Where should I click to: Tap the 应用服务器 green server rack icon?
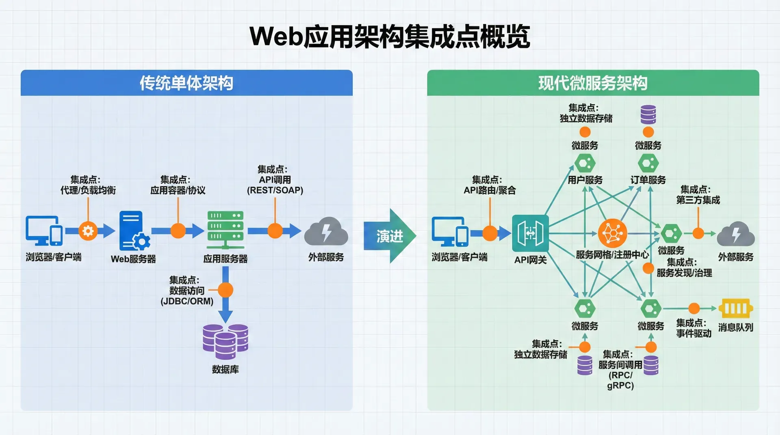tap(225, 230)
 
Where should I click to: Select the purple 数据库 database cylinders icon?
tap(225, 342)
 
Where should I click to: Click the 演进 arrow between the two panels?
tap(389, 236)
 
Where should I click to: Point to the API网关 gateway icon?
tap(530, 233)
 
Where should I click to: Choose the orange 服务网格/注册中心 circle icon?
tap(612, 233)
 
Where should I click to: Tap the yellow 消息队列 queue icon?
tap(735, 308)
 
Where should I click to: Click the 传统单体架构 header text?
tap(186, 83)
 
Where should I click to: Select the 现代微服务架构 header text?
tap(593, 83)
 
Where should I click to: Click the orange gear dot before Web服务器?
tap(88, 231)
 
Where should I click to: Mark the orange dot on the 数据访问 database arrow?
tap(225, 290)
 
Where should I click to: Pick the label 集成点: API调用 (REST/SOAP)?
tap(275, 180)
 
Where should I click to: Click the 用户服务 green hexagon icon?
tap(585, 164)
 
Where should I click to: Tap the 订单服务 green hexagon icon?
tap(648, 164)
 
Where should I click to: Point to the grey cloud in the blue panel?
tap(326, 232)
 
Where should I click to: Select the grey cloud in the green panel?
tap(735, 234)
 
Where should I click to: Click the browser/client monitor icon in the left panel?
tap(44, 230)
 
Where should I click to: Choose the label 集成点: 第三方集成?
tap(698, 195)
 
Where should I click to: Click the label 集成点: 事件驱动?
tap(693, 328)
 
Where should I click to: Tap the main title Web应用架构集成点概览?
tap(390, 37)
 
